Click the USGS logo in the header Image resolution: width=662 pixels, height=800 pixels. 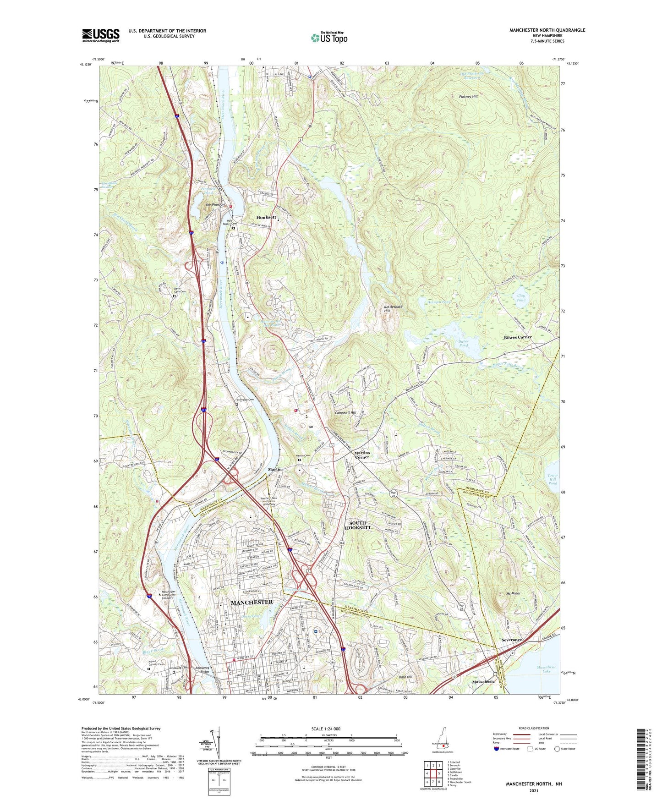pos(101,35)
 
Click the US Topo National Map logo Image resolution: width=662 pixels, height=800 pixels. pos(329,38)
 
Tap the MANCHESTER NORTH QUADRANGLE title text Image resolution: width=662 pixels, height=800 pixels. pos(547,30)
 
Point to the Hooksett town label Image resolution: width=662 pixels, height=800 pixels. pos(266,217)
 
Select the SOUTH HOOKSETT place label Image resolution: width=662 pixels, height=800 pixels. pos(358,525)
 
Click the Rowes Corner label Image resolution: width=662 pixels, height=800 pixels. pos(518,337)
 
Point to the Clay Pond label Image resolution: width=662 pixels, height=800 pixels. pos(521,298)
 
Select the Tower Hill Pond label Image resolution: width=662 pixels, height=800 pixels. pos(553,479)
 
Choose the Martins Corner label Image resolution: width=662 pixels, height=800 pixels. pos(362,455)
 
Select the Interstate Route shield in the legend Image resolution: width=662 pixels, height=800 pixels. pos(497,749)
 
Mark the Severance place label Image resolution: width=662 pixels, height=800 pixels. pos(511,640)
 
